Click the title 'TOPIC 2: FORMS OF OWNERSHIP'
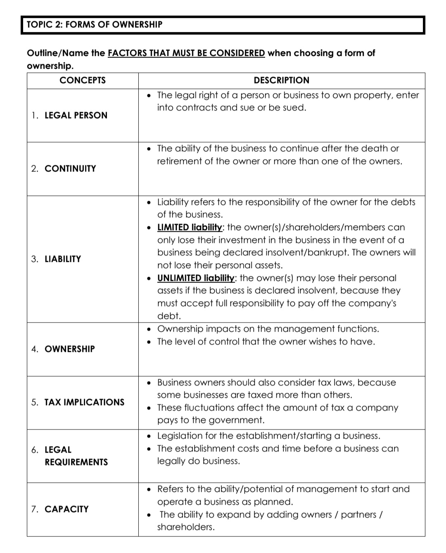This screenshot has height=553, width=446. point(95,24)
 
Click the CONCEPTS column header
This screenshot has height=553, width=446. point(83,80)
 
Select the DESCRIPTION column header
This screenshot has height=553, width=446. point(281,80)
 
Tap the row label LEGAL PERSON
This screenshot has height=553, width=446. point(76,115)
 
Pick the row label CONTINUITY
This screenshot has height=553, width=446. point(70,169)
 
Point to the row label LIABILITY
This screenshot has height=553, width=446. point(63,259)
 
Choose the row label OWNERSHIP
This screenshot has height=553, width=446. point(69,349)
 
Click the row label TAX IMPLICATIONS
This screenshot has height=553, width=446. point(84,402)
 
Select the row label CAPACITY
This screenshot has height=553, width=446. point(66,509)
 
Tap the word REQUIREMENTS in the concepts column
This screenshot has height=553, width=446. point(76,462)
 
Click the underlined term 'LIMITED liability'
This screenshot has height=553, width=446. point(190,227)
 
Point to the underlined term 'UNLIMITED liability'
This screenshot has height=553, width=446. point(196,278)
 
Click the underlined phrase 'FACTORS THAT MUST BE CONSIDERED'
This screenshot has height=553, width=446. point(186,53)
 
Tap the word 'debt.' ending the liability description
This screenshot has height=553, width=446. point(169,316)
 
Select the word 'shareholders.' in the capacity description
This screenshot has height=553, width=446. point(186,527)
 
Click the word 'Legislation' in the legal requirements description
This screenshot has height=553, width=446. point(180,436)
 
